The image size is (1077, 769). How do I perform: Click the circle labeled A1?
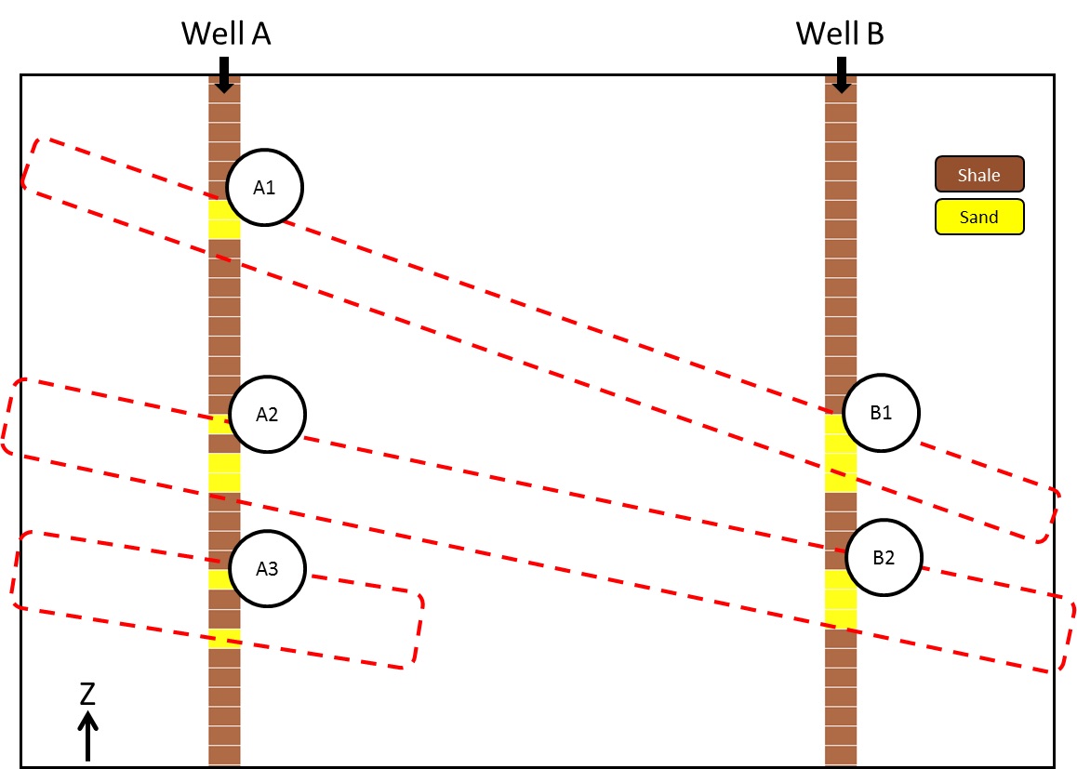click(x=266, y=188)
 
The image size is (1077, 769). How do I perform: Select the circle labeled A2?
click(x=267, y=415)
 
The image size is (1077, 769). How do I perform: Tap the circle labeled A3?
click(x=267, y=568)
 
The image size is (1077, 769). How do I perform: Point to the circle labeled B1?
click(x=881, y=413)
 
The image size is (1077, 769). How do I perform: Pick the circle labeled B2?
click(x=883, y=558)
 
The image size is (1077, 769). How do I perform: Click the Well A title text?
click(x=225, y=34)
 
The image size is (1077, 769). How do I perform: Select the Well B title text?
click(x=840, y=34)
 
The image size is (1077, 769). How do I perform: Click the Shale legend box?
click(x=978, y=175)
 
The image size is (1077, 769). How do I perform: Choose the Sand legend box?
click(x=978, y=218)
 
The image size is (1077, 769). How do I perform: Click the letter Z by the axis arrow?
click(x=87, y=694)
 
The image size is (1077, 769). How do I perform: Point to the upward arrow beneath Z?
click(x=87, y=736)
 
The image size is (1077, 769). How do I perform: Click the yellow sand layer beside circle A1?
click(x=221, y=219)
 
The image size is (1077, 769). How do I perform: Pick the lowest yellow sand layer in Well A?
click(x=224, y=637)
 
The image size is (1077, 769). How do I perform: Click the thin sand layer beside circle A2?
click(x=219, y=425)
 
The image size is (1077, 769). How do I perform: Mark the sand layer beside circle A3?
click(x=219, y=579)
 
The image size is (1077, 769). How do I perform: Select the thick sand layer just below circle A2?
click(x=224, y=472)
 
